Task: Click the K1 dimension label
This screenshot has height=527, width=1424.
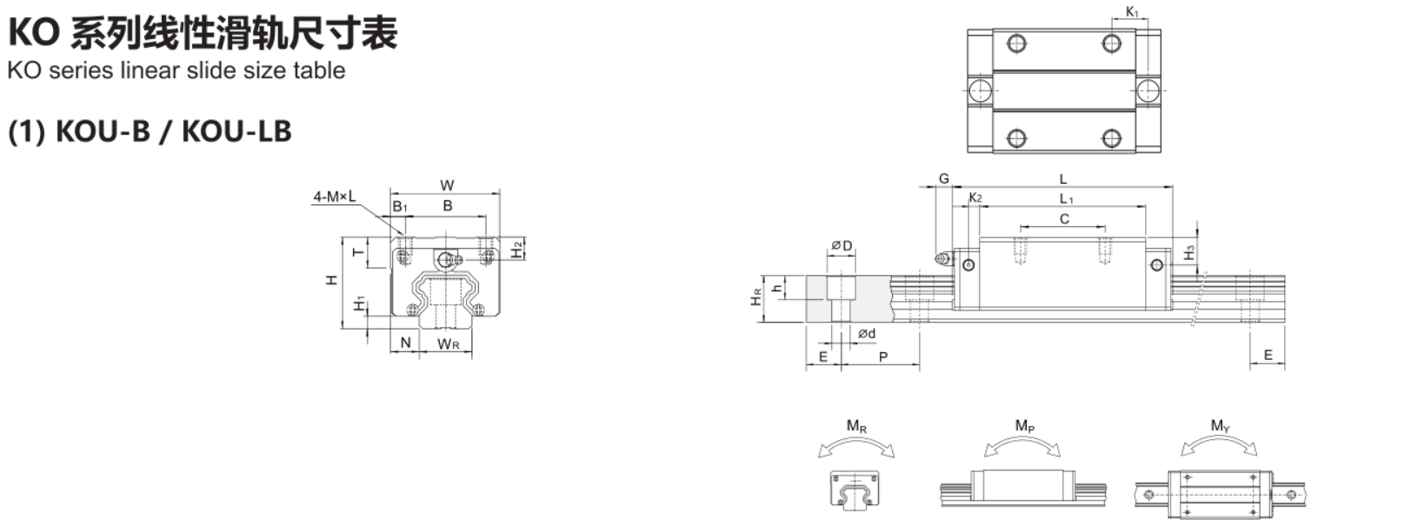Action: click(1132, 11)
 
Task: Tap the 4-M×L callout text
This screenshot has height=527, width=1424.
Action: click(335, 197)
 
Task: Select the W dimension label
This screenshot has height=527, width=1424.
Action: click(447, 185)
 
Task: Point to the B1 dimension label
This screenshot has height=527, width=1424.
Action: click(400, 207)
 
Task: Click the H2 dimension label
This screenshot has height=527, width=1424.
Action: click(517, 250)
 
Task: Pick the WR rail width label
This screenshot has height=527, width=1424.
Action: click(449, 344)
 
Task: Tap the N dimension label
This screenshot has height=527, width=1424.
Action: click(406, 343)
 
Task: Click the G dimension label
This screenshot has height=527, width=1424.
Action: click(944, 178)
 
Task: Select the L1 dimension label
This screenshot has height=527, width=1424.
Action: click(1066, 199)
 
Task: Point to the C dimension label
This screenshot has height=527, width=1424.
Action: click(1065, 218)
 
